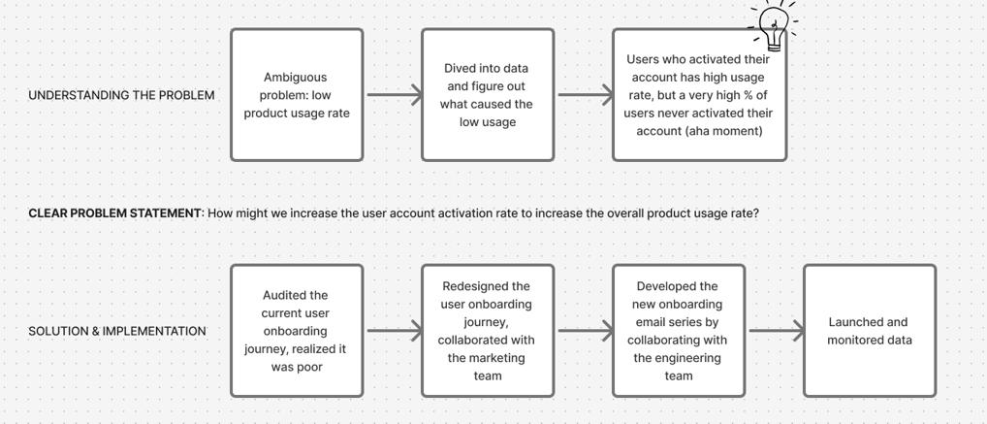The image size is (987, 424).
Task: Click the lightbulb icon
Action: pyautogui.click(x=775, y=26)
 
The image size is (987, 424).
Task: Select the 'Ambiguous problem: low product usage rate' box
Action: pyautogui.click(x=297, y=95)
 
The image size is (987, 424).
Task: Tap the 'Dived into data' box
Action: pyautogui.click(x=488, y=95)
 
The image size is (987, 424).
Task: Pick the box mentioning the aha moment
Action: pyautogui.click(x=699, y=95)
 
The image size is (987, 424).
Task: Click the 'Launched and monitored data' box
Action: pyautogui.click(x=870, y=331)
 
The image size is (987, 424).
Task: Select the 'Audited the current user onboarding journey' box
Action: pyautogui.click(x=297, y=331)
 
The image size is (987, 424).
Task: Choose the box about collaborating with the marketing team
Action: pyautogui.click(x=488, y=331)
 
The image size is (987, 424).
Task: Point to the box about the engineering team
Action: pyautogui.click(x=679, y=331)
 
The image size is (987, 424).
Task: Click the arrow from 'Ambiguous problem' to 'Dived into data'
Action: pyautogui.click(x=395, y=95)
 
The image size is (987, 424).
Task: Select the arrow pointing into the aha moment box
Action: pyautogui.click(x=586, y=95)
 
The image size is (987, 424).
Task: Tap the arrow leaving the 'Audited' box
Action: pyautogui.click(x=395, y=331)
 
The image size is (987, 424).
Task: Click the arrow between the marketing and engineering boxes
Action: pyautogui.click(x=586, y=331)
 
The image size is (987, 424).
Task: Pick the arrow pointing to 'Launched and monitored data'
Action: pyautogui.click(x=777, y=331)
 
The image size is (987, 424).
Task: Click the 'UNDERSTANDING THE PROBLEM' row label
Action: pyautogui.click(x=121, y=95)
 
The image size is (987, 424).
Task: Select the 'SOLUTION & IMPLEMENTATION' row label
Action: pyautogui.click(x=117, y=331)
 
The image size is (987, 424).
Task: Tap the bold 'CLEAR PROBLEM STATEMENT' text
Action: pyautogui.click(x=114, y=213)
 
